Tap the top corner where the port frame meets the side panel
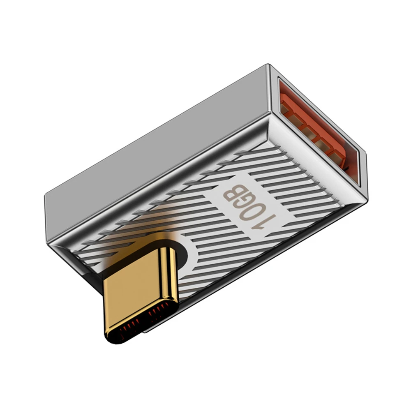tap(269, 66)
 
